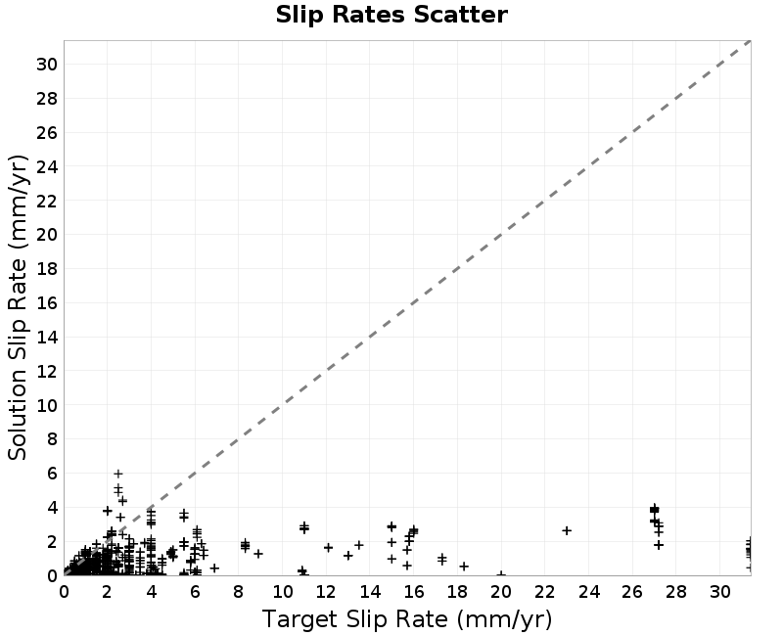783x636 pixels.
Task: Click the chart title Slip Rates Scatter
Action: click(x=391, y=15)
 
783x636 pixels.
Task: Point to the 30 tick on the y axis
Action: click(x=46, y=65)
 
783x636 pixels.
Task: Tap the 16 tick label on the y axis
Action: click(x=46, y=303)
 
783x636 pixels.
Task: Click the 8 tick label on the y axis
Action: click(x=53, y=439)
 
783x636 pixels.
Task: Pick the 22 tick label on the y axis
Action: click(x=46, y=201)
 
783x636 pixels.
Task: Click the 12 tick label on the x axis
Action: click(x=326, y=592)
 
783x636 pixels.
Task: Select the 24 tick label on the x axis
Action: click(x=589, y=592)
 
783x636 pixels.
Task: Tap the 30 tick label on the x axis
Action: click(x=720, y=592)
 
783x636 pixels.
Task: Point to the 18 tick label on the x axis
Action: click(x=457, y=592)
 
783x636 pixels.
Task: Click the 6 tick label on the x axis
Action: click(x=195, y=592)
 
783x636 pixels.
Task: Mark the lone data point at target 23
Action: click(x=567, y=530)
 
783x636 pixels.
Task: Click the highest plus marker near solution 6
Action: click(x=118, y=474)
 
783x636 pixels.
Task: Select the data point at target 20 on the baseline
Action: click(x=501, y=575)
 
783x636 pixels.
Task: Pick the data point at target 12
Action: click(x=328, y=548)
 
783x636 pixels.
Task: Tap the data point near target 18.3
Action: click(x=464, y=567)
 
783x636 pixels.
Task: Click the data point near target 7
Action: click(x=214, y=568)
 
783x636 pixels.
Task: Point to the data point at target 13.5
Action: click(x=358, y=545)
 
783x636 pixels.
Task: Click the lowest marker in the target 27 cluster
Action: click(x=659, y=545)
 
